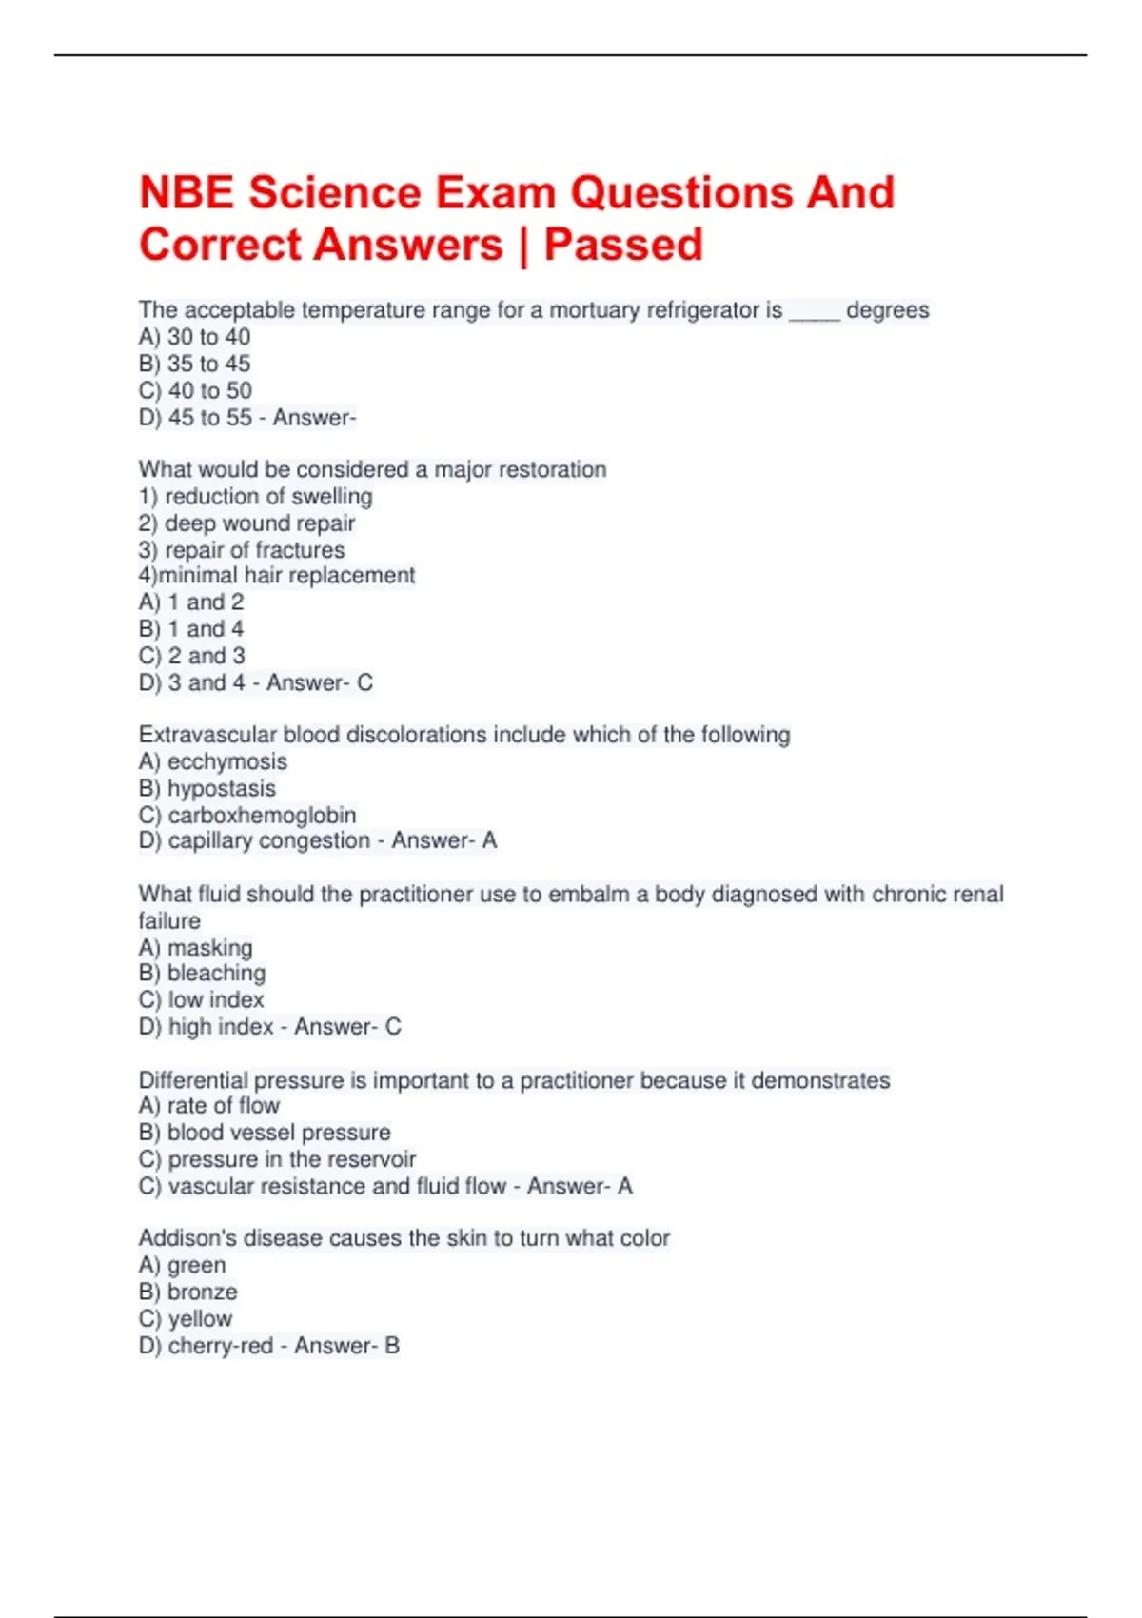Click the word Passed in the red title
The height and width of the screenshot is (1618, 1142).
(623, 245)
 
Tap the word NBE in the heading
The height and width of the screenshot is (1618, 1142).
(187, 193)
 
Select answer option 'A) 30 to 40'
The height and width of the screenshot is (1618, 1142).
(195, 337)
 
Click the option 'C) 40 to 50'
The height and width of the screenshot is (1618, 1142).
(195, 390)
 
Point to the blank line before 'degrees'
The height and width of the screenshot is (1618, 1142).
(814, 312)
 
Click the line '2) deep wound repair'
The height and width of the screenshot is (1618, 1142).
(246, 523)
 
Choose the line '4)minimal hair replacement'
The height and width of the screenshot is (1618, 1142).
(277, 575)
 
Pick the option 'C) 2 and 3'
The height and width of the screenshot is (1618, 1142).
(191, 656)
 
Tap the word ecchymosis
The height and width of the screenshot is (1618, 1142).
(226, 761)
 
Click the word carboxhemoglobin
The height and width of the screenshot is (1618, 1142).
(262, 816)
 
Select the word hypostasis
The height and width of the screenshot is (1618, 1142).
(221, 788)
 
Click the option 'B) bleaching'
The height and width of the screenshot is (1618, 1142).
(202, 973)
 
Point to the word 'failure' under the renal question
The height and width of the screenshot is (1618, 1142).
(169, 920)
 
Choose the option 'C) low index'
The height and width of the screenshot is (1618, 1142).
(201, 999)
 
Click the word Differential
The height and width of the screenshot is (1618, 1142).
(193, 1080)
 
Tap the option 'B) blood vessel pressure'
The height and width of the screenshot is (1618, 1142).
(265, 1133)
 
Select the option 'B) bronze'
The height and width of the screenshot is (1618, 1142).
(188, 1292)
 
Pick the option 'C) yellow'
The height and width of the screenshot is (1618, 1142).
(186, 1318)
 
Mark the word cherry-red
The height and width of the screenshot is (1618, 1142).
(220, 1346)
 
